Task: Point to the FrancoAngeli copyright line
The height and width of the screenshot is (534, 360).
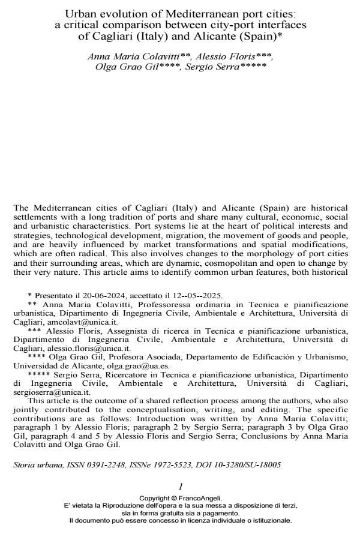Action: tap(180, 497)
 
